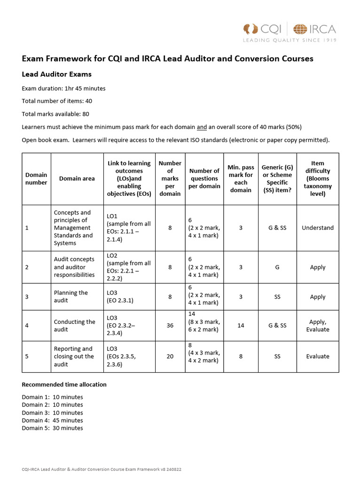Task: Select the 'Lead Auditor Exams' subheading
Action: click(x=56, y=74)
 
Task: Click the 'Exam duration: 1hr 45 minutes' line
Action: click(x=63, y=88)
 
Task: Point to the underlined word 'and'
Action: click(x=202, y=127)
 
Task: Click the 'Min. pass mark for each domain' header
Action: click(x=241, y=178)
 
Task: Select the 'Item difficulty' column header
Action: click(x=318, y=178)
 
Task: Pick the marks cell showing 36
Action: click(x=170, y=325)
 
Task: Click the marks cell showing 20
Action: click(x=170, y=356)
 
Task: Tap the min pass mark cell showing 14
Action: click(x=241, y=325)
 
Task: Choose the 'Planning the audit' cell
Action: click(x=71, y=297)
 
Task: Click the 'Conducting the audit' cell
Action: click(x=74, y=325)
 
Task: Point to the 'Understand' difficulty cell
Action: click(x=318, y=228)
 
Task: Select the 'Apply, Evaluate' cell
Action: click(x=318, y=325)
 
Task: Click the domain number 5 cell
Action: click(x=27, y=356)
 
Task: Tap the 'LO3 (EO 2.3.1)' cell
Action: click(x=120, y=297)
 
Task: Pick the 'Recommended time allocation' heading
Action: click(x=64, y=385)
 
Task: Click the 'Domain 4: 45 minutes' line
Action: click(x=52, y=420)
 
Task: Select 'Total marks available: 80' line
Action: click(x=55, y=114)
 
